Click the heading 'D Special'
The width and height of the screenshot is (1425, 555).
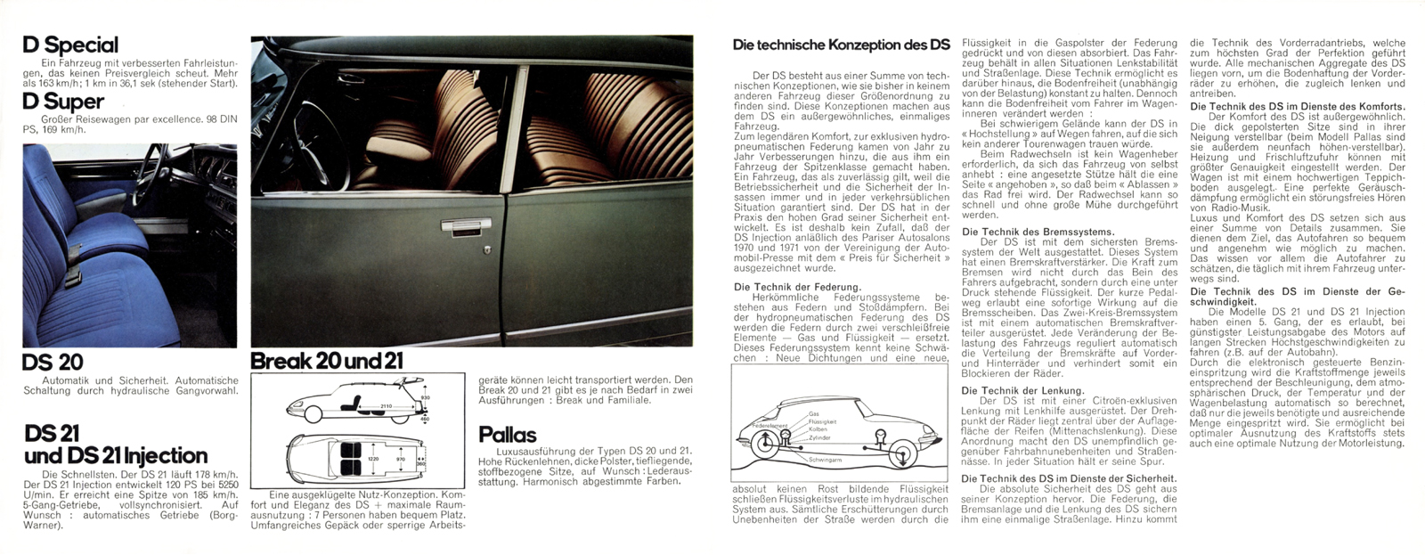click(70, 45)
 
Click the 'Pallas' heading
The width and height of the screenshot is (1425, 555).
click(508, 435)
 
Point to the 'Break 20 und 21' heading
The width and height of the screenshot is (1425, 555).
click(327, 362)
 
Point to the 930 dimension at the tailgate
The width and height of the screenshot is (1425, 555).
click(427, 396)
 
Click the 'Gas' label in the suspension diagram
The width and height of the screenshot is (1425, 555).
click(813, 414)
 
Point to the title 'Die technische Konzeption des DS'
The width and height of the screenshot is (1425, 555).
click(841, 44)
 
